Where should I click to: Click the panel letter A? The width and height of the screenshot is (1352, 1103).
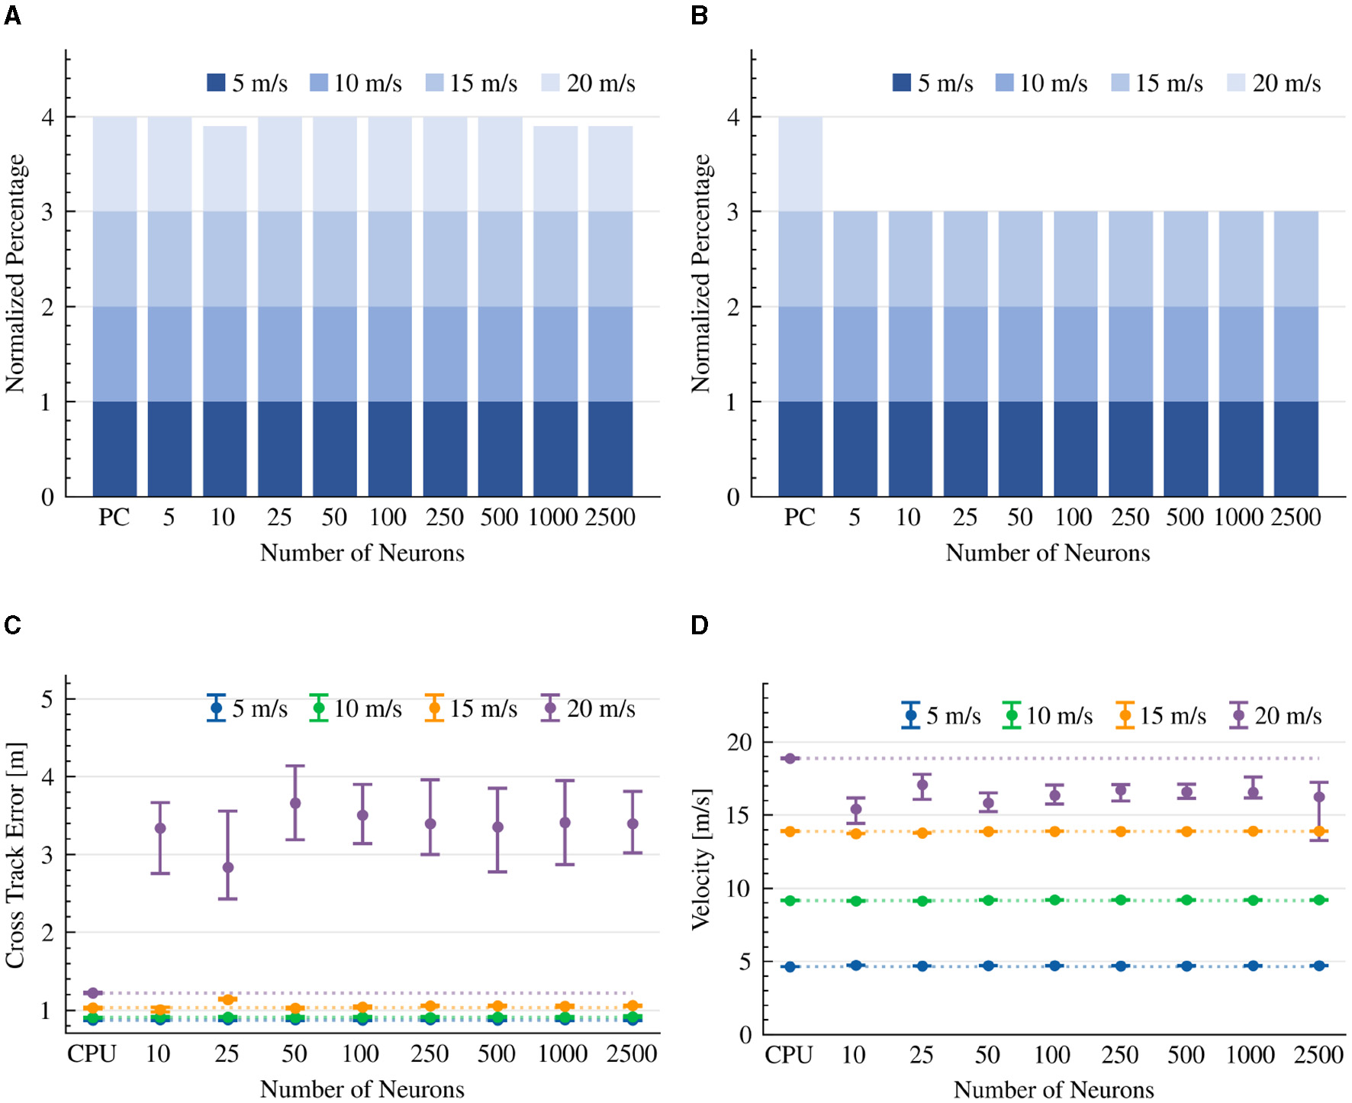[12, 15]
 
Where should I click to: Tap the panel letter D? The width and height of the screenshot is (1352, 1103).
[699, 625]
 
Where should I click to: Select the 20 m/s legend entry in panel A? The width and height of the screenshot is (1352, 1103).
[588, 83]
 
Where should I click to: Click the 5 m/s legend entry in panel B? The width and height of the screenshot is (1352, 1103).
[932, 83]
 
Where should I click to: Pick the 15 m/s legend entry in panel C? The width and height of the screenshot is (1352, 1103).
[472, 708]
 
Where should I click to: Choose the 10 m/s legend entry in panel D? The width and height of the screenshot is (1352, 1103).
[1048, 716]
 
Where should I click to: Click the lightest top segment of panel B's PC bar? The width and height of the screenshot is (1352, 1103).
[800, 164]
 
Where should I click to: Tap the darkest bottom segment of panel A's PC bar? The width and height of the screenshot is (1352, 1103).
[114, 449]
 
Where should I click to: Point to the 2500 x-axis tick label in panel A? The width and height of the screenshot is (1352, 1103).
[610, 518]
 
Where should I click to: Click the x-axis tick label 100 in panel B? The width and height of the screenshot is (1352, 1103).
[1074, 518]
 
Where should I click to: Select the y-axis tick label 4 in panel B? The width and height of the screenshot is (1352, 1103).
[733, 118]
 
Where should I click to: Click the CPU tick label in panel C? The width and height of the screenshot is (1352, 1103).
[92, 1054]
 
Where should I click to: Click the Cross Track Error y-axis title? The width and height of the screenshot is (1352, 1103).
[15, 855]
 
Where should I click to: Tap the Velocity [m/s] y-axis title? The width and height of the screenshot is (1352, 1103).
[700, 859]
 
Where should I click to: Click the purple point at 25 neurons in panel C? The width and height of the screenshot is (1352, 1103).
[227, 867]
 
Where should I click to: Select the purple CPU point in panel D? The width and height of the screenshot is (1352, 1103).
[790, 758]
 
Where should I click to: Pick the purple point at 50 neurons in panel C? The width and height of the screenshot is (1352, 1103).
[295, 803]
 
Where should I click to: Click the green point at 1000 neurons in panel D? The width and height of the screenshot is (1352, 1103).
[1252, 901]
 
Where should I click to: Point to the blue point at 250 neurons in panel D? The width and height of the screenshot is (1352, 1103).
[1120, 966]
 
